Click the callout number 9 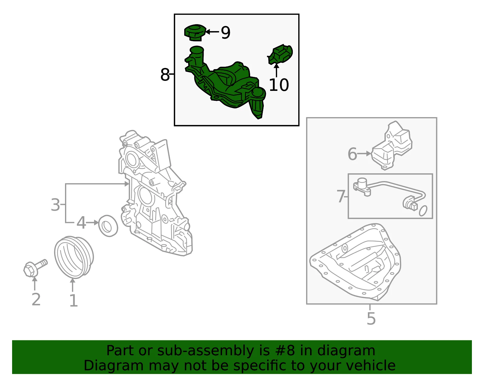click(225, 33)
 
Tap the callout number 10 click(279, 85)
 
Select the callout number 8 click(165, 75)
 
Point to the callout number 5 click(371, 319)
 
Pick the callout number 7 click(341, 196)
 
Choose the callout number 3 click(55, 205)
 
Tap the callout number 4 click(81, 222)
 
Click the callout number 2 click(36, 299)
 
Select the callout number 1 click(74, 301)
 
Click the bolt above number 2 click(35, 268)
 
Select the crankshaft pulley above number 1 click(74, 257)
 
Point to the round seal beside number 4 click(108, 226)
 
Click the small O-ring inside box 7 click(423, 211)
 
